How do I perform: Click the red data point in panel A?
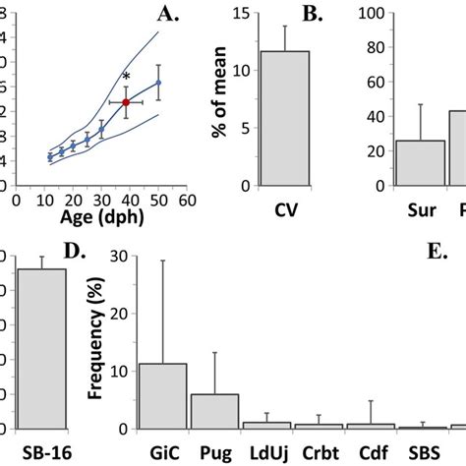126,101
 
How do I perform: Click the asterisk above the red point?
126,78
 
